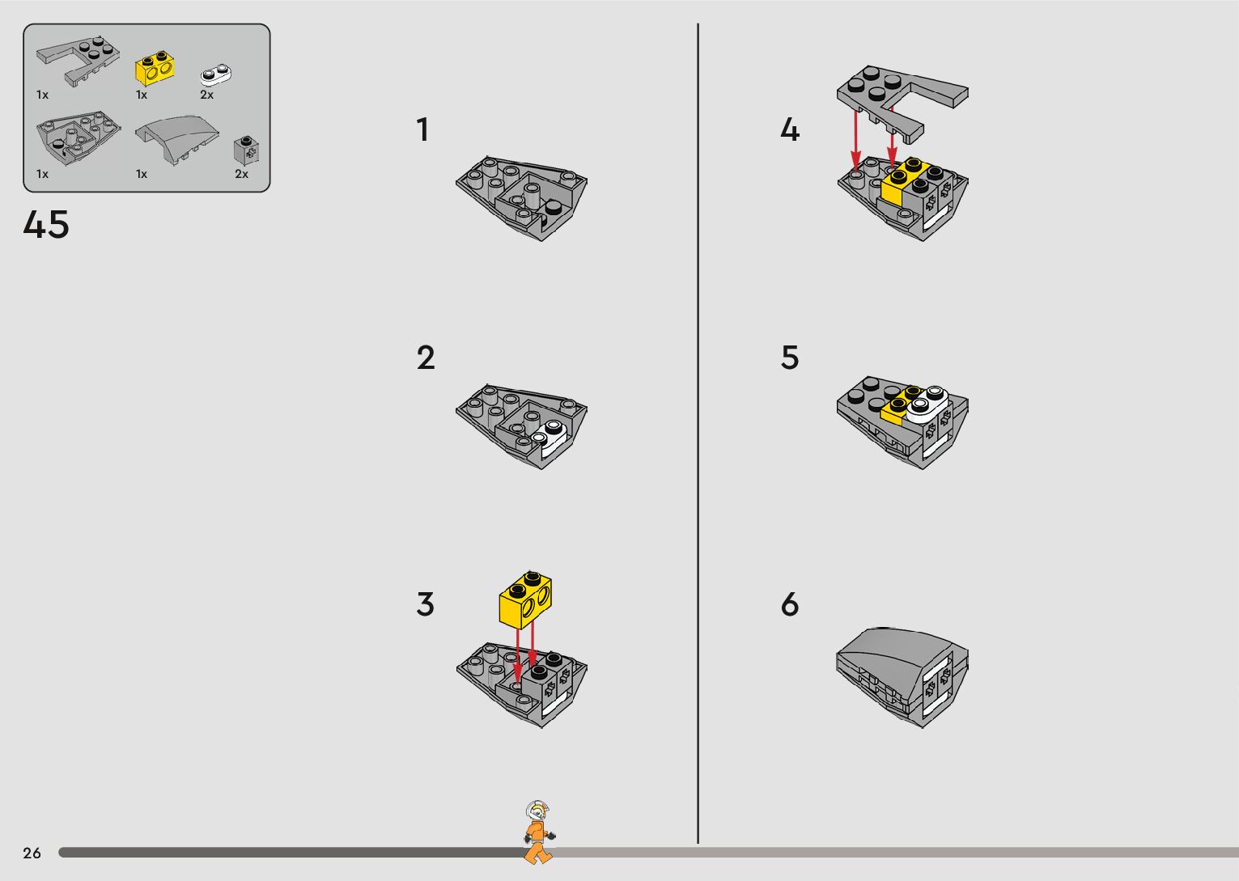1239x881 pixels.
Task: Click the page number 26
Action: click(32, 853)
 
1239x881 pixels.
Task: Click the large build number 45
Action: click(46, 225)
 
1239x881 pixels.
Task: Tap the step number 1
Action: click(423, 130)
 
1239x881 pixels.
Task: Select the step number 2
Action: click(426, 358)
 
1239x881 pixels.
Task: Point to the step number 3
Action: click(426, 604)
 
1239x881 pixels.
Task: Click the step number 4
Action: click(790, 130)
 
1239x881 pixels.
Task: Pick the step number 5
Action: click(790, 358)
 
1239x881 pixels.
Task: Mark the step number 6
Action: click(790, 604)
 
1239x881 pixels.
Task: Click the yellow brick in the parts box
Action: click(155, 69)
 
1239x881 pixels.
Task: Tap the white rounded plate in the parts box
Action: click(216, 75)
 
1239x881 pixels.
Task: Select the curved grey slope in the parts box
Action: click(177, 138)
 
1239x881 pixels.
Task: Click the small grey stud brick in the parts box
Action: click(248, 150)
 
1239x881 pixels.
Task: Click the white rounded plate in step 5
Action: click(927, 404)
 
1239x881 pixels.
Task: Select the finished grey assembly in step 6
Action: click(902, 677)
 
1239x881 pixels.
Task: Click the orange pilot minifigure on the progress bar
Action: click(538, 832)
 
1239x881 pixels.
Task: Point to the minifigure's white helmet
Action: click(537, 811)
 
